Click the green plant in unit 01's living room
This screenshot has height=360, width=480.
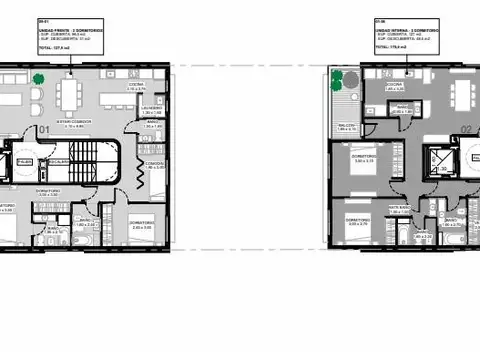38,78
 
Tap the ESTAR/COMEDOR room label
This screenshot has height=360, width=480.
76,124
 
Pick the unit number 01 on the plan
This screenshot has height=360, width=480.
44,131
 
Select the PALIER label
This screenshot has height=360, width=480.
24,161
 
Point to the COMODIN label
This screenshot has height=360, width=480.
153,164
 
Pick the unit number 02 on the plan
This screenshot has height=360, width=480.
466,129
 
